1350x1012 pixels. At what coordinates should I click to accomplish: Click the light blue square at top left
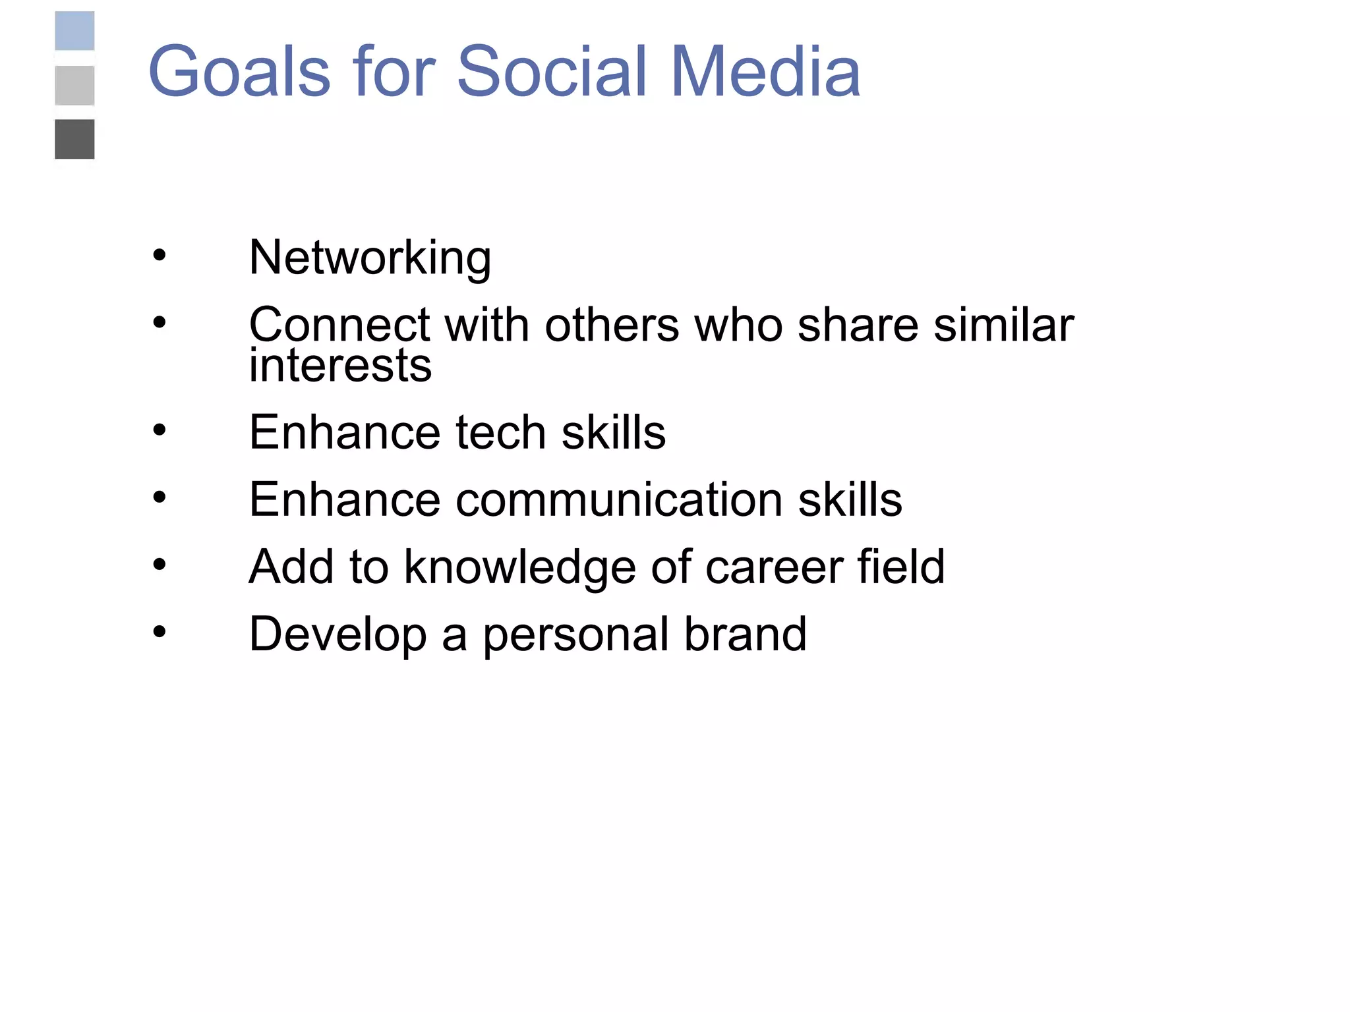tap(74, 31)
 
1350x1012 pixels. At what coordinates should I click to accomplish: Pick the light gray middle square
tap(74, 86)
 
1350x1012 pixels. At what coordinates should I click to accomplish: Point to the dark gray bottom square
tap(74, 139)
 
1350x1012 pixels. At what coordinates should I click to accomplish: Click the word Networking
tap(370, 258)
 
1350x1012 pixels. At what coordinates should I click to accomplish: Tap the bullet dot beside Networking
tap(159, 255)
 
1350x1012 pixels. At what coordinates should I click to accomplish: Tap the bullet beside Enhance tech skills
tap(159, 430)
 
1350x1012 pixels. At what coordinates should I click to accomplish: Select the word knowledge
tap(519, 567)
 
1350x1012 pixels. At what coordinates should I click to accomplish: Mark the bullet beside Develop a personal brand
tap(159, 632)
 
